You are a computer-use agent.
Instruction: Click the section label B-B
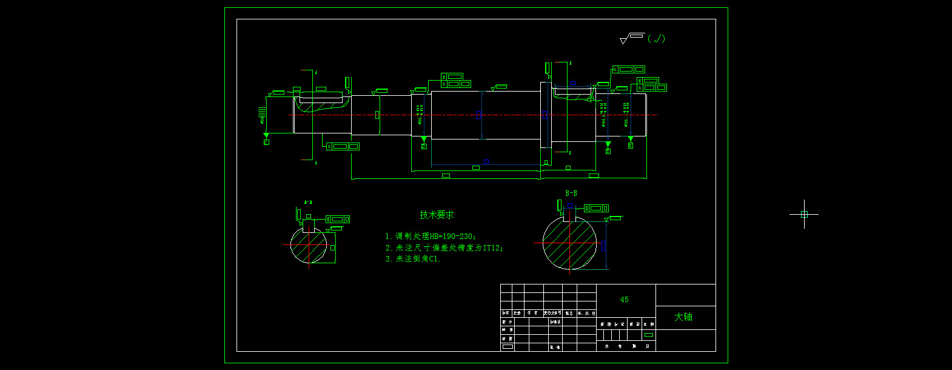[571, 193]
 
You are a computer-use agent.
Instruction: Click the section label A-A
[308, 202]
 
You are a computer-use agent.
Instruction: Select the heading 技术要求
[437, 215]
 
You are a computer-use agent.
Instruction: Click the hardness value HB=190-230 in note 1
[452, 236]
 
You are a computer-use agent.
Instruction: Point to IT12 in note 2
[492, 247]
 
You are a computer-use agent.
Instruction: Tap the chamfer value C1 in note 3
[434, 259]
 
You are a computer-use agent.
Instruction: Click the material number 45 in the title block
[625, 300]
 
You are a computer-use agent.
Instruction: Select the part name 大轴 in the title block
[683, 317]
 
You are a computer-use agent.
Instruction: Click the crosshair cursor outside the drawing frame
[804, 214]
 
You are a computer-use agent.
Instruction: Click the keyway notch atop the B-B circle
[569, 215]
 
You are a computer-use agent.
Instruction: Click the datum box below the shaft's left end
[266, 142]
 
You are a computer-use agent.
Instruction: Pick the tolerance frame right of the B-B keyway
[596, 209]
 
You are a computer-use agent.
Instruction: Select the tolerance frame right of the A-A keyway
[338, 219]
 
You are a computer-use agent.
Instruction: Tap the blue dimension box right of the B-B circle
[602, 245]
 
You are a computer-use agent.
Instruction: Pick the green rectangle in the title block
[649, 335]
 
